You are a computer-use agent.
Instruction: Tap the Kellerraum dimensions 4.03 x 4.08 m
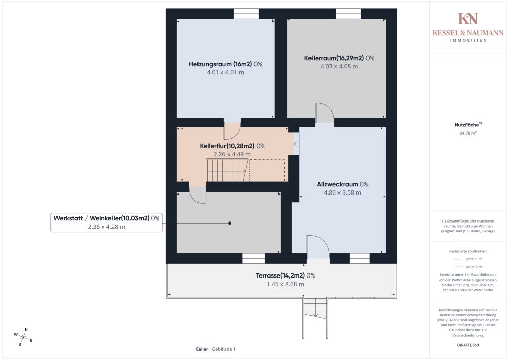[339, 66]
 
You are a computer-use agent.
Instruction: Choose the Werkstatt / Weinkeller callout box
[106, 223]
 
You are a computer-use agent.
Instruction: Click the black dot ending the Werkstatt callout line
[230, 223]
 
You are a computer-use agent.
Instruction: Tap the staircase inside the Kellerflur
[228, 170]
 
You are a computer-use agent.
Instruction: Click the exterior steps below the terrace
[315, 317]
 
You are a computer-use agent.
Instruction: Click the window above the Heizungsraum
[246, 14]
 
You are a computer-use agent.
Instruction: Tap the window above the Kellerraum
[349, 14]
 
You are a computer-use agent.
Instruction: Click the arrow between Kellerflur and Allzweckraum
[296, 144]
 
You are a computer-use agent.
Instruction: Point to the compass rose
[23, 337]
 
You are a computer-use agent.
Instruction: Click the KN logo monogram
[468, 19]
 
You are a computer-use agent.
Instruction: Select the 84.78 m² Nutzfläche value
[468, 133]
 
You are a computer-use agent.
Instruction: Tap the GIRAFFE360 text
[468, 345]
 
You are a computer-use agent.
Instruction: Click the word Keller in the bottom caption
[202, 349]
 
